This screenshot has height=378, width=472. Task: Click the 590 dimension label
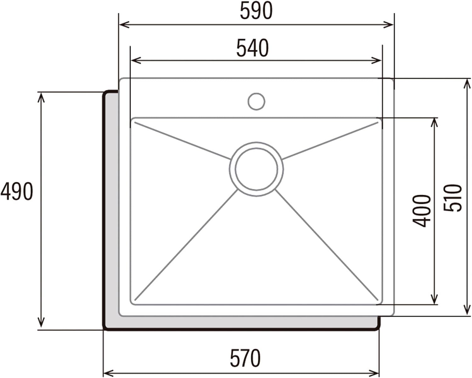pos(256,11)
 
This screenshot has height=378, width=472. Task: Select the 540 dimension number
pos(253,48)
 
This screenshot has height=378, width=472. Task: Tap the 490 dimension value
pos(16,191)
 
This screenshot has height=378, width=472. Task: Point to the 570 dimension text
pos(245,358)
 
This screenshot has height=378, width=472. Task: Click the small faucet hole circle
pos(256,101)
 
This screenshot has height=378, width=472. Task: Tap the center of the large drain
pos(256,169)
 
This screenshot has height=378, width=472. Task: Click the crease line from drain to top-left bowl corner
pos(183,140)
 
